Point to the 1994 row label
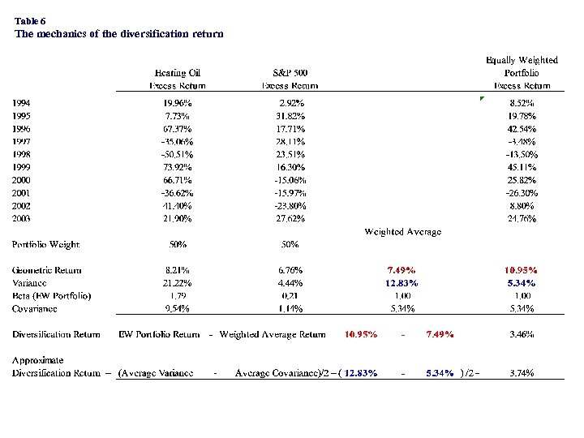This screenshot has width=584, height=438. tap(23, 103)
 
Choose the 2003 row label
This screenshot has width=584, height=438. tap(23, 219)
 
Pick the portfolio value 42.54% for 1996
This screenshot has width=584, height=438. tap(522, 129)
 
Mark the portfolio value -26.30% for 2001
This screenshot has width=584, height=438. tap(521, 194)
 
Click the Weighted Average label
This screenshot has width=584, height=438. tap(403, 232)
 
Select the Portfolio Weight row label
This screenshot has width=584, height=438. tap(45, 244)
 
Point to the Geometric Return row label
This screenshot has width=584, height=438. tap(47, 270)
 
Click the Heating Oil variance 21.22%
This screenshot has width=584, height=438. tap(178, 283)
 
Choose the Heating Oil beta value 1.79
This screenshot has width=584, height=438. tap(178, 295)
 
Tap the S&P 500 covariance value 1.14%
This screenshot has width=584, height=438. tap(290, 308)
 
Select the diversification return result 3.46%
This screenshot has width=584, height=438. tap(522, 334)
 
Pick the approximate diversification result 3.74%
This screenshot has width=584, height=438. tap(522, 373)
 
